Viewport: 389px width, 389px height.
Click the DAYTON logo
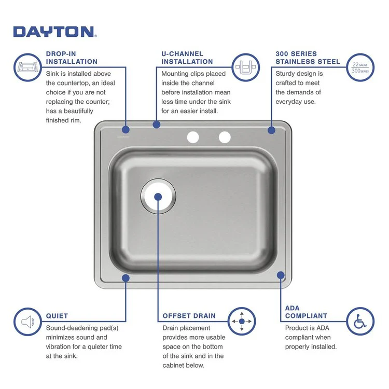[54, 32]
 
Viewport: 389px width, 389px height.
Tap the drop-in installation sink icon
[27, 67]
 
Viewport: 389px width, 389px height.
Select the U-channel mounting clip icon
[245, 67]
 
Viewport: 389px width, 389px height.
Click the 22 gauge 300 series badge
[360, 67]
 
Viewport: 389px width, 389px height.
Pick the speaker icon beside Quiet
[27, 322]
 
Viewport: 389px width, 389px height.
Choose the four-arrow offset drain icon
[242, 322]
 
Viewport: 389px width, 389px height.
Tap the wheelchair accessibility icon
[360, 322]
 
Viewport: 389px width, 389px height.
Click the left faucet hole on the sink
[193, 137]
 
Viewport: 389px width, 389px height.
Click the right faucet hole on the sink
[224, 137]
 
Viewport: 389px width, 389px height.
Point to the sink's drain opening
[158, 197]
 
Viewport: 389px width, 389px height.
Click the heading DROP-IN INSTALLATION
[72, 58]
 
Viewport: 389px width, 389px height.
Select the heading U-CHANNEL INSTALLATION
[187, 58]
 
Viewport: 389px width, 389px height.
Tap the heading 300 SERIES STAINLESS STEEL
[308, 58]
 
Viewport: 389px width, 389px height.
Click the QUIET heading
[57, 315]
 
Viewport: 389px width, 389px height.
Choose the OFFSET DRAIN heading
[189, 315]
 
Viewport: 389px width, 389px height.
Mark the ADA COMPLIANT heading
[306, 312]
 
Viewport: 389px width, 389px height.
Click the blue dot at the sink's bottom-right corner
[281, 275]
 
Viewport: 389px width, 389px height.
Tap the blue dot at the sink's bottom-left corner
[126, 278]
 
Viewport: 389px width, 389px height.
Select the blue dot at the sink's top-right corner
[271, 130]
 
